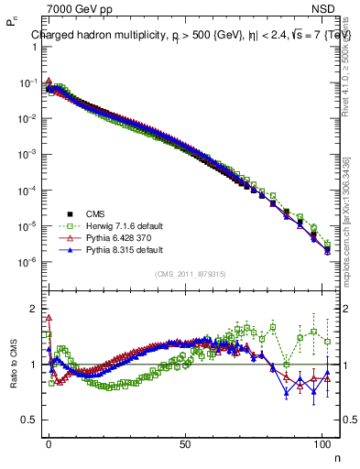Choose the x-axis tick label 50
click(x=186, y=442)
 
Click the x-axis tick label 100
click(x=322, y=442)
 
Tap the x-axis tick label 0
click(x=49, y=442)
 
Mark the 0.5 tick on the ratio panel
click(x=29, y=420)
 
